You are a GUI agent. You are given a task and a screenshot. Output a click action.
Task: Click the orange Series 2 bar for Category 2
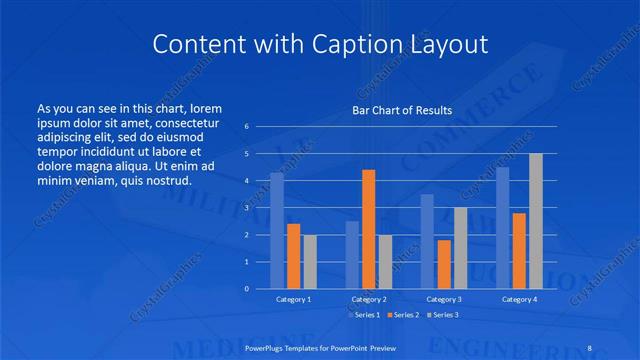369,229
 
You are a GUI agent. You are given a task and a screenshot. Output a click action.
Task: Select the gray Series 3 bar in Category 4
536,221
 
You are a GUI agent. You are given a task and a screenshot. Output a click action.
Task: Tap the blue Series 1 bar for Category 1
277,231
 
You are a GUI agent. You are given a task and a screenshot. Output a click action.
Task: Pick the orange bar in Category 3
444,264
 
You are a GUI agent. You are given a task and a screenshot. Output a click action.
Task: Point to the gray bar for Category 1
310,261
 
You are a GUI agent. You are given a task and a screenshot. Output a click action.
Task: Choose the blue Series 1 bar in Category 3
427,241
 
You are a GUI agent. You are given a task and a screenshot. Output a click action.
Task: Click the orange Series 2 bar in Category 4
519,250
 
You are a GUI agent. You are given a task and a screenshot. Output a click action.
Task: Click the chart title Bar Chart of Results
402,110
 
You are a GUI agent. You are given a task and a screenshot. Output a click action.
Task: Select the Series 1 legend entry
362,315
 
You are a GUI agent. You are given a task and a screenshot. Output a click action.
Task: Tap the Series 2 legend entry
402,315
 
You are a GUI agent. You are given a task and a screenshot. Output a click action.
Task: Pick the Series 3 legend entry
442,315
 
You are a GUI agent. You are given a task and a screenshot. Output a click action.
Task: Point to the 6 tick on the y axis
247,127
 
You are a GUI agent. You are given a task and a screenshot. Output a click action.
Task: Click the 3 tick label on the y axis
247,208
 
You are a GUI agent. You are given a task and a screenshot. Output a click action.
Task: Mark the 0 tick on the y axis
247,289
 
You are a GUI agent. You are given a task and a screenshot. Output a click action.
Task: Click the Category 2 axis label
369,299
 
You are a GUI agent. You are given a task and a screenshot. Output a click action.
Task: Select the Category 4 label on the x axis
519,299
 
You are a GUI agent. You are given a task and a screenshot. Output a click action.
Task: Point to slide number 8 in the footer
586,346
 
